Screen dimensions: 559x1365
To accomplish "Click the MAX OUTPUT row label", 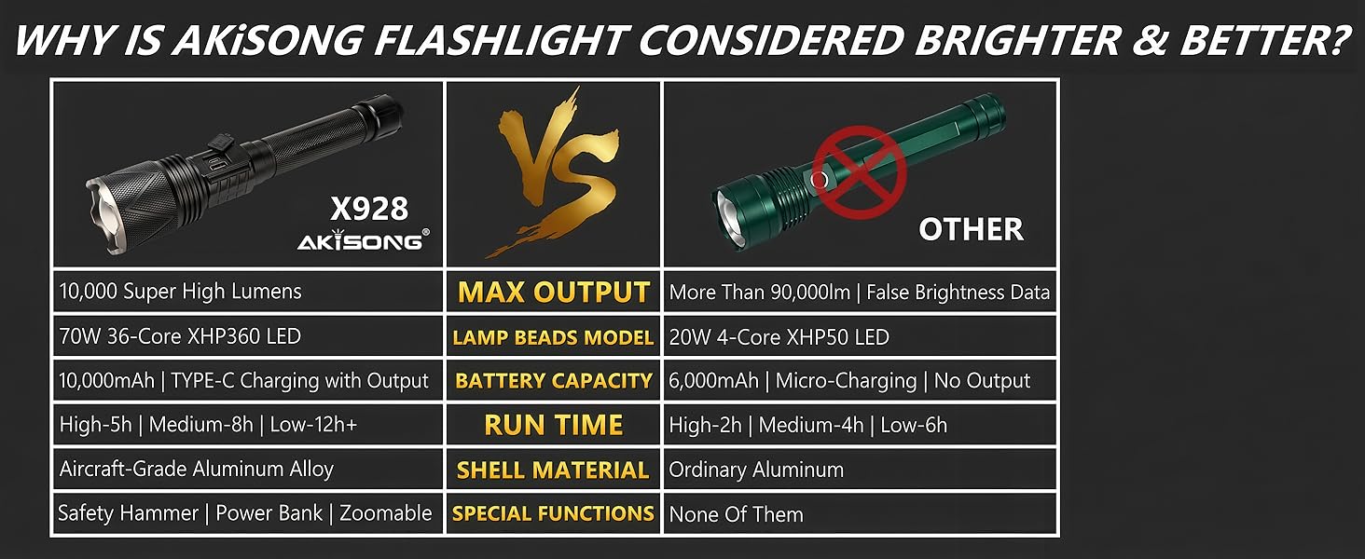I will point(553,293).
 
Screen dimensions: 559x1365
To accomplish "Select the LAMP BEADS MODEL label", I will point(553,337).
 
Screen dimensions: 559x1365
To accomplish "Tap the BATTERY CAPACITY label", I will point(553,381).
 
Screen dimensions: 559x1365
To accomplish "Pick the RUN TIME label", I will point(553,426).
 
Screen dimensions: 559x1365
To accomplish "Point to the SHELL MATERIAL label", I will point(553,470).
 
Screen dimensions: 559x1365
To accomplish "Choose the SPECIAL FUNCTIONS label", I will point(553,513).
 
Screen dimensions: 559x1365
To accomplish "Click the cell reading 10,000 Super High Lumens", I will point(181,292).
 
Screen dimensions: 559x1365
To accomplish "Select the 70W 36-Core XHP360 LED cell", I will point(180,336).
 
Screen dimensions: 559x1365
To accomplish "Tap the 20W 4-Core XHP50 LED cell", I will point(779,337).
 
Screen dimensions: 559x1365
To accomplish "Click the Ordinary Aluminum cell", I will point(756,470).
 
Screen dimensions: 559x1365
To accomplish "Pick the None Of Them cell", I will point(736,514).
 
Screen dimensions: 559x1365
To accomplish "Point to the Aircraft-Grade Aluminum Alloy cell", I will point(196,470).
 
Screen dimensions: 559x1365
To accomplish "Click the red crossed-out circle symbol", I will point(859,170).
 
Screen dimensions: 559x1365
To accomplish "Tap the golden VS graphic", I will point(553,172).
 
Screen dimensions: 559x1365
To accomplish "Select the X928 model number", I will point(369,209).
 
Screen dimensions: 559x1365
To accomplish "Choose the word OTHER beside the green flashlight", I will point(971,229).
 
